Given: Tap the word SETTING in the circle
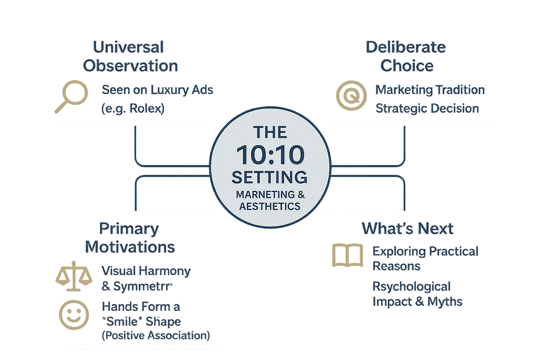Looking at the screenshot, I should tap(269, 177).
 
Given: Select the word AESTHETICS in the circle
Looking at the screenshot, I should tap(270, 206).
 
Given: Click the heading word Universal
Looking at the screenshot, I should tap(128, 47).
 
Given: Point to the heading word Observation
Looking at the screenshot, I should tap(130, 66).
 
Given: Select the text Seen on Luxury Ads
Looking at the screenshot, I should tap(157, 90).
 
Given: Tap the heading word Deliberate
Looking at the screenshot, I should tap(406, 47).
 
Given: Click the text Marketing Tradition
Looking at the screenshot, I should tap(430, 90).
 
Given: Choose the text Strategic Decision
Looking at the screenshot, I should tap(427, 108).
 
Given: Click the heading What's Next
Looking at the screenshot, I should tap(408, 229).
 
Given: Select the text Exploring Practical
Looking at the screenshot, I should tap(425, 251).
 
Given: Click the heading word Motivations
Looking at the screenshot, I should tap(130, 247).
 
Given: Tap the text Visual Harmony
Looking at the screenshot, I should tap(146, 271).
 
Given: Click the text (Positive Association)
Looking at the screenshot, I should tap(155, 335).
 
